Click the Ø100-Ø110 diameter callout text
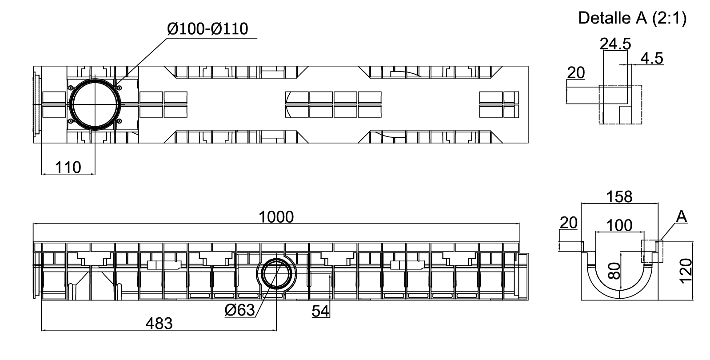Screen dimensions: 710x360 tap(207, 29)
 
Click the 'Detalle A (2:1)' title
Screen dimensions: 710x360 tap(632, 18)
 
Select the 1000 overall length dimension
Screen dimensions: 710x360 tap(276, 217)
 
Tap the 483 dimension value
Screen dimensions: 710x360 tap(159, 324)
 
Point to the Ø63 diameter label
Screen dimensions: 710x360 tap(239, 310)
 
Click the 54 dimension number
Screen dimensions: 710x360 tap(320, 311)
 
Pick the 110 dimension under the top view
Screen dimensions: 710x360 tap(68, 167)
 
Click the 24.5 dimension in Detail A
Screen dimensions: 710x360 tap(615, 44)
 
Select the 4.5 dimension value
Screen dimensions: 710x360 tap(652, 58)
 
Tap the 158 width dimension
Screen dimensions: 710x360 tap(619, 196)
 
